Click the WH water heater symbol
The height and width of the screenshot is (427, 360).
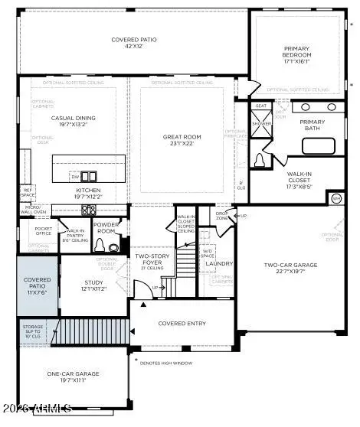point(335,198)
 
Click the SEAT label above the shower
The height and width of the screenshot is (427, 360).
point(260,106)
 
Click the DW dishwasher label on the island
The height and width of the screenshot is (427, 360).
point(75,176)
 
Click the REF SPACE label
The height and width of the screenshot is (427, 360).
point(28,192)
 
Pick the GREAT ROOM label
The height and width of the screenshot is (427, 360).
point(182,140)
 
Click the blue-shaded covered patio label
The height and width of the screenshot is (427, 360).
point(37,286)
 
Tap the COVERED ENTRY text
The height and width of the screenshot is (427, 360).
point(182,324)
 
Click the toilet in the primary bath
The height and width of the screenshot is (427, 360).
point(260,160)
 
